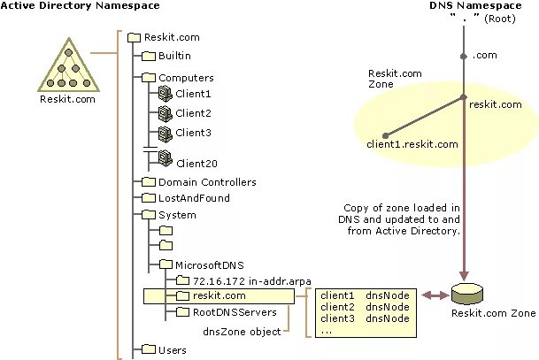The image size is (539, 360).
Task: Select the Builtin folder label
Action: point(176,56)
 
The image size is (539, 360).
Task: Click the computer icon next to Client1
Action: point(165,92)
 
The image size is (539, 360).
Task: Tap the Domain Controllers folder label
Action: point(206,182)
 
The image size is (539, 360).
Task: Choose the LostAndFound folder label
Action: point(194,198)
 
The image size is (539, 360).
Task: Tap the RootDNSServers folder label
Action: point(235,311)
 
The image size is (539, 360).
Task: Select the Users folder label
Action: point(173,350)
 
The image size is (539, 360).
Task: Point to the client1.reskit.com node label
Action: point(412,143)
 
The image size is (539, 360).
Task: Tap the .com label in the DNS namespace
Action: point(483,56)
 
